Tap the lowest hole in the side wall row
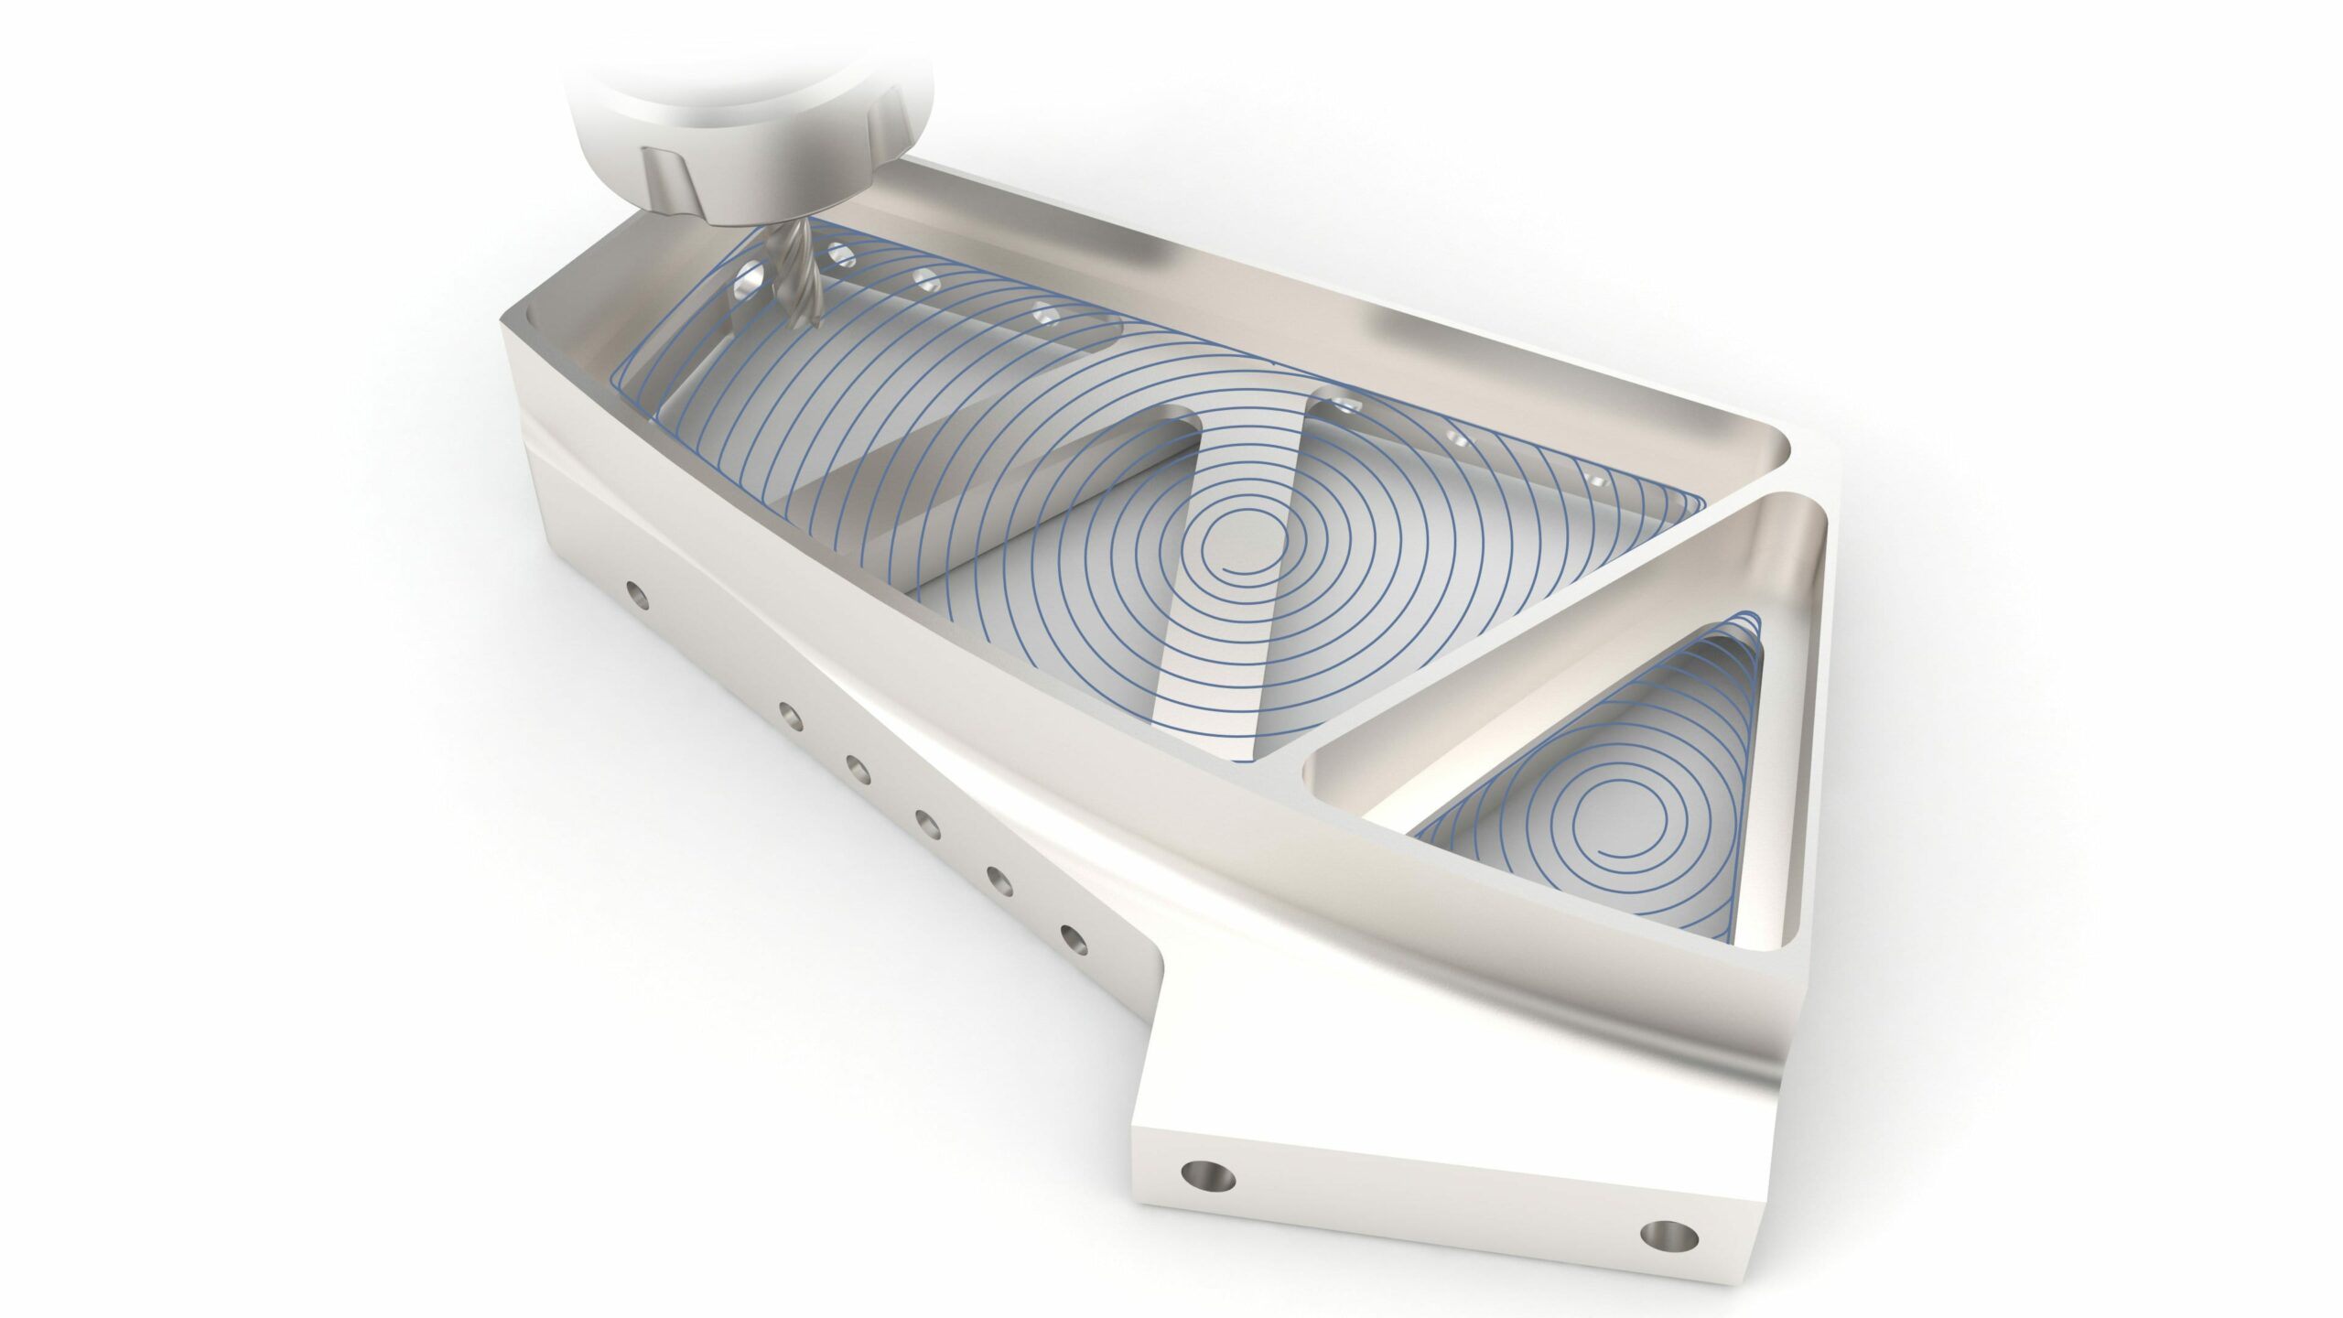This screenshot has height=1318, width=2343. tap(1070, 937)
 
